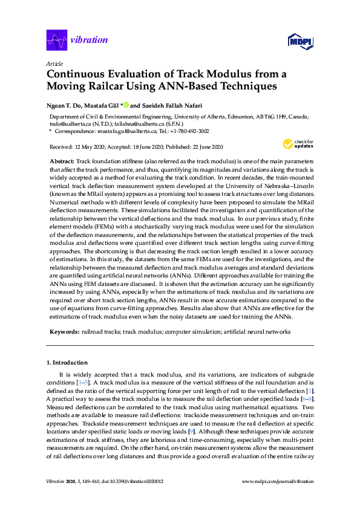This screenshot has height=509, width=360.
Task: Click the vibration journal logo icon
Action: pos(57,41)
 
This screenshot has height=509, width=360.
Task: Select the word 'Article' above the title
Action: pos(53,63)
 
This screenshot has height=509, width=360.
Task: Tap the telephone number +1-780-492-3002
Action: pos(189,131)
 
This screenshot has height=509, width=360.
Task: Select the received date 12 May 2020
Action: pos(91,147)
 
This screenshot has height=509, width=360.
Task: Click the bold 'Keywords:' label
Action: pos(64,332)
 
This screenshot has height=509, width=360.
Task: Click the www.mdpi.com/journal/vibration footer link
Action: pos(277,498)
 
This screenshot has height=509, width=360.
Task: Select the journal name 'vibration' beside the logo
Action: pos(89,41)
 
